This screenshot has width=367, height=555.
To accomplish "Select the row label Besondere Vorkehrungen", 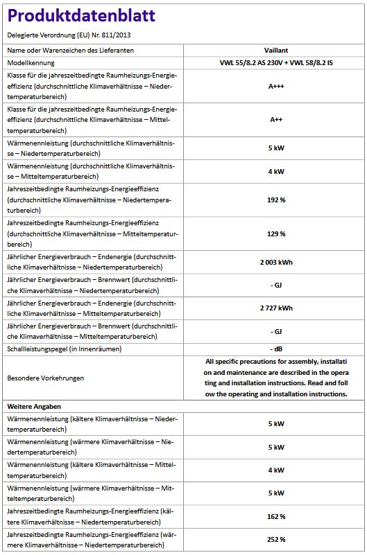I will (45, 378).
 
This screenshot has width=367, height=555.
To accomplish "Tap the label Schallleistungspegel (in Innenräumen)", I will (64, 349).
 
